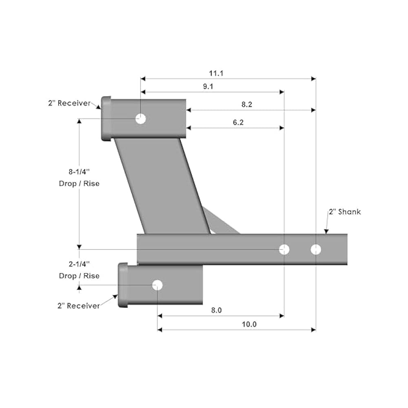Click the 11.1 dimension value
click(x=216, y=73)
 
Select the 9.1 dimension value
click(x=208, y=86)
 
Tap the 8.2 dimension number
click(x=247, y=104)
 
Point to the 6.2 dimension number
click(x=238, y=122)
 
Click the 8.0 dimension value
click(x=216, y=310)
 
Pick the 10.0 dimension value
click(x=249, y=324)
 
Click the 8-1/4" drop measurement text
click(x=79, y=177)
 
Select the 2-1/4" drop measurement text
click(x=79, y=270)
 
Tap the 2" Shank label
click(x=345, y=212)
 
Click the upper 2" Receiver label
click(x=69, y=103)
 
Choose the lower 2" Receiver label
click(x=79, y=306)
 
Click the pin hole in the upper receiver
click(x=141, y=119)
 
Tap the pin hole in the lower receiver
click(x=157, y=285)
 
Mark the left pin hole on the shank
click(x=284, y=250)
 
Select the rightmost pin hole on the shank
click(x=316, y=250)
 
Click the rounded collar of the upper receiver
click(x=106, y=119)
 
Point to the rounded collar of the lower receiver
click(x=123, y=285)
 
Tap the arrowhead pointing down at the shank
click(x=326, y=232)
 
